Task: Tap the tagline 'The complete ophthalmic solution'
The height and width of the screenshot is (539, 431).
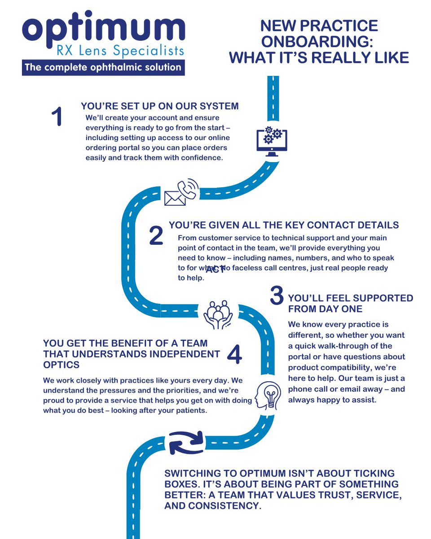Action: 103,68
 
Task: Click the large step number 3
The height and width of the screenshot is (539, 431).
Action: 277,296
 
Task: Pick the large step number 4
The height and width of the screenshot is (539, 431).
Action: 234,355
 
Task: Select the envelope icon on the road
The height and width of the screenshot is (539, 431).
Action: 175,198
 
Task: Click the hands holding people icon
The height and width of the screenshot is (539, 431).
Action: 218,314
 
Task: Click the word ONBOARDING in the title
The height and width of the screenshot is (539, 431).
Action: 319,42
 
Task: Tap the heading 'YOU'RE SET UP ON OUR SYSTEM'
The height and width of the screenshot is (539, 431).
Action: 160,106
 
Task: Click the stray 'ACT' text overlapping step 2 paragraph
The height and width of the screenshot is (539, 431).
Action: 215,269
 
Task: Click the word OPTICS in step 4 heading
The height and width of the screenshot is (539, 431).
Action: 62,365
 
